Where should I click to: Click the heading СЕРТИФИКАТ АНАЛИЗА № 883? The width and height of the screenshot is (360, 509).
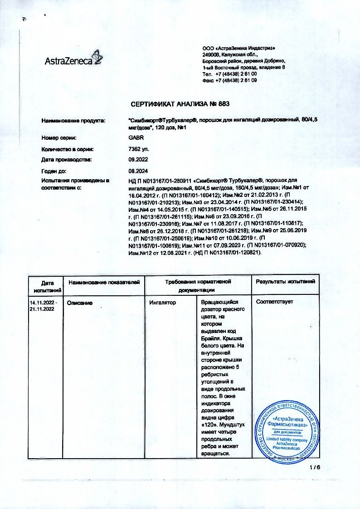click(180, 104)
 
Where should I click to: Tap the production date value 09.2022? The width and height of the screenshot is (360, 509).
click(138, 160)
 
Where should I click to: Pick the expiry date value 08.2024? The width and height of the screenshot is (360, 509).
click(138, 171)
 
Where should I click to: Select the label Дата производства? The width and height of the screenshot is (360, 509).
click(67, 160)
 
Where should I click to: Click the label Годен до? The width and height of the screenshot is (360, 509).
click(54, 171)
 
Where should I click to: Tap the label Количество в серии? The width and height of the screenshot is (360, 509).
click(68, 148)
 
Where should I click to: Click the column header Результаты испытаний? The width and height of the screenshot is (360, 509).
click(285, 282)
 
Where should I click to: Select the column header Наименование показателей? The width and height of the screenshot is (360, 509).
click(104, 282)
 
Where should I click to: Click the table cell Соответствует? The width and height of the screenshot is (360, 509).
click(274, 302)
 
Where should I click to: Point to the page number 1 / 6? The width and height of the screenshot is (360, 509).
click(315, 468)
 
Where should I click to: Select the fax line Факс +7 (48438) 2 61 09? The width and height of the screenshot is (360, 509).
click(229, 80)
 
